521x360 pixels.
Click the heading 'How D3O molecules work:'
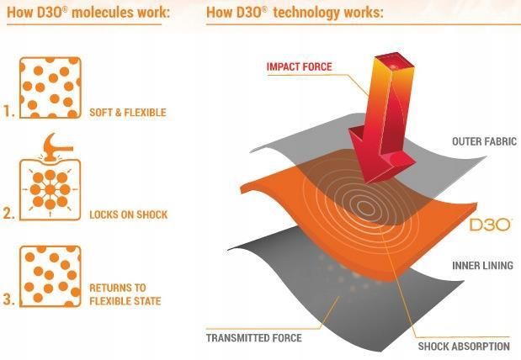(88, 13)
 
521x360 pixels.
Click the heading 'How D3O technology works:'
(295, 13)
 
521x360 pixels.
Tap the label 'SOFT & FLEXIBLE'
(128, 113)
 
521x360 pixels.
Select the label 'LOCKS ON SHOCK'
(129, 214)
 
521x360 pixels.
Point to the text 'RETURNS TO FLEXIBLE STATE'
(125, 294)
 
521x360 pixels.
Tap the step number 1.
(9, 111)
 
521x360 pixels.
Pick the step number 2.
(9, 214)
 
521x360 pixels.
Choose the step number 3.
(9, 299)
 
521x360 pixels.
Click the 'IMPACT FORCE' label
(300, 66)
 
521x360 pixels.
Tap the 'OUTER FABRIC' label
(485, 141)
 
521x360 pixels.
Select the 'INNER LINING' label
(483, 265)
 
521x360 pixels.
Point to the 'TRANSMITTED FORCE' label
(254, 338)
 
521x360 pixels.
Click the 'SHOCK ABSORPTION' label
(464, 347)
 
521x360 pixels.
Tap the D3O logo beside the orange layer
(490, 225)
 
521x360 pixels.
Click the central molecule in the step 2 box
(50, 190)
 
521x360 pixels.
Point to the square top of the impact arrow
(395, 66)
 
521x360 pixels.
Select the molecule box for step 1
(51, 87)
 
